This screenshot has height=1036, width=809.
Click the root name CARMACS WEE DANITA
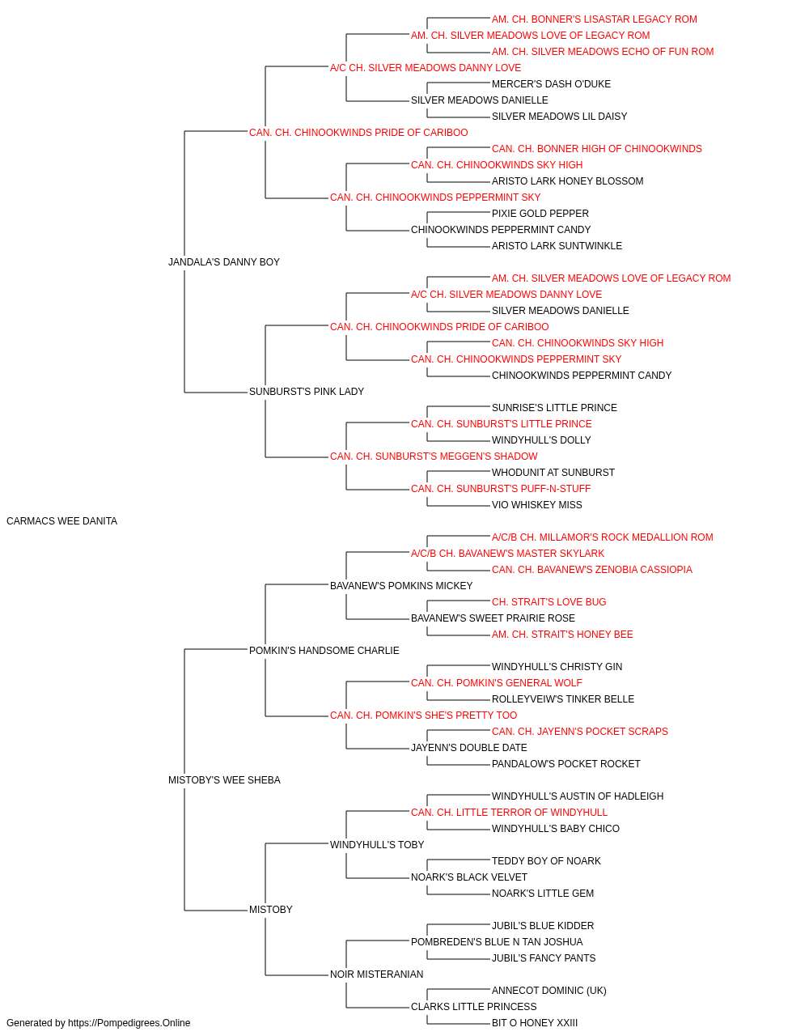click(62, 521)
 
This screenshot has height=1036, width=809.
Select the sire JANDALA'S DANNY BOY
click(224, 262)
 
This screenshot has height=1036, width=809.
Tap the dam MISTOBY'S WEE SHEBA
click(224, 780)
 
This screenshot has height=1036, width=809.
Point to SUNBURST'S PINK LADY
click(307, 392)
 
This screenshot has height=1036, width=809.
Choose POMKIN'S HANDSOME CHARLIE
click(324, 651)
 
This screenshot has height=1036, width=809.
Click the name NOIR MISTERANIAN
click(376, 974)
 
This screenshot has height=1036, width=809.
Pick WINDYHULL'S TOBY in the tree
click(377, 845)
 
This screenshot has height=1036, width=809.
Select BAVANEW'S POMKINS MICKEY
click(401, 586)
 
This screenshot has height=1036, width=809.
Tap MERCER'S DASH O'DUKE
click(551, 84)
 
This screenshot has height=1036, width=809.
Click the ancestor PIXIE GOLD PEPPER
click(540, 214)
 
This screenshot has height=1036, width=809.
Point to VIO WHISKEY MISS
click(537, 505)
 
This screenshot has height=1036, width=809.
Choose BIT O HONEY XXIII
click(535, 1023)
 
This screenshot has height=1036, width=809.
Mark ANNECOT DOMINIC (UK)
click(549, 991)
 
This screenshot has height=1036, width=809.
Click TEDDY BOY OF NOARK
click(547, 861)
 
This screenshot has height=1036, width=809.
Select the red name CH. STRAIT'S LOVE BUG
click(549, 602)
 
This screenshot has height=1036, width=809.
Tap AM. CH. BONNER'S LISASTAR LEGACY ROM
click(595, 19)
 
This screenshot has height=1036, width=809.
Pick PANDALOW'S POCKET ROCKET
click(566, 764)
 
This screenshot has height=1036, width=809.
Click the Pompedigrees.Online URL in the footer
click(129, 1023)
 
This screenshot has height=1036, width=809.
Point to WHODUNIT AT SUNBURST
click(553, 473)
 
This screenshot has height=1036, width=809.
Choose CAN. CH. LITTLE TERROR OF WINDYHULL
click(510, 813)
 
